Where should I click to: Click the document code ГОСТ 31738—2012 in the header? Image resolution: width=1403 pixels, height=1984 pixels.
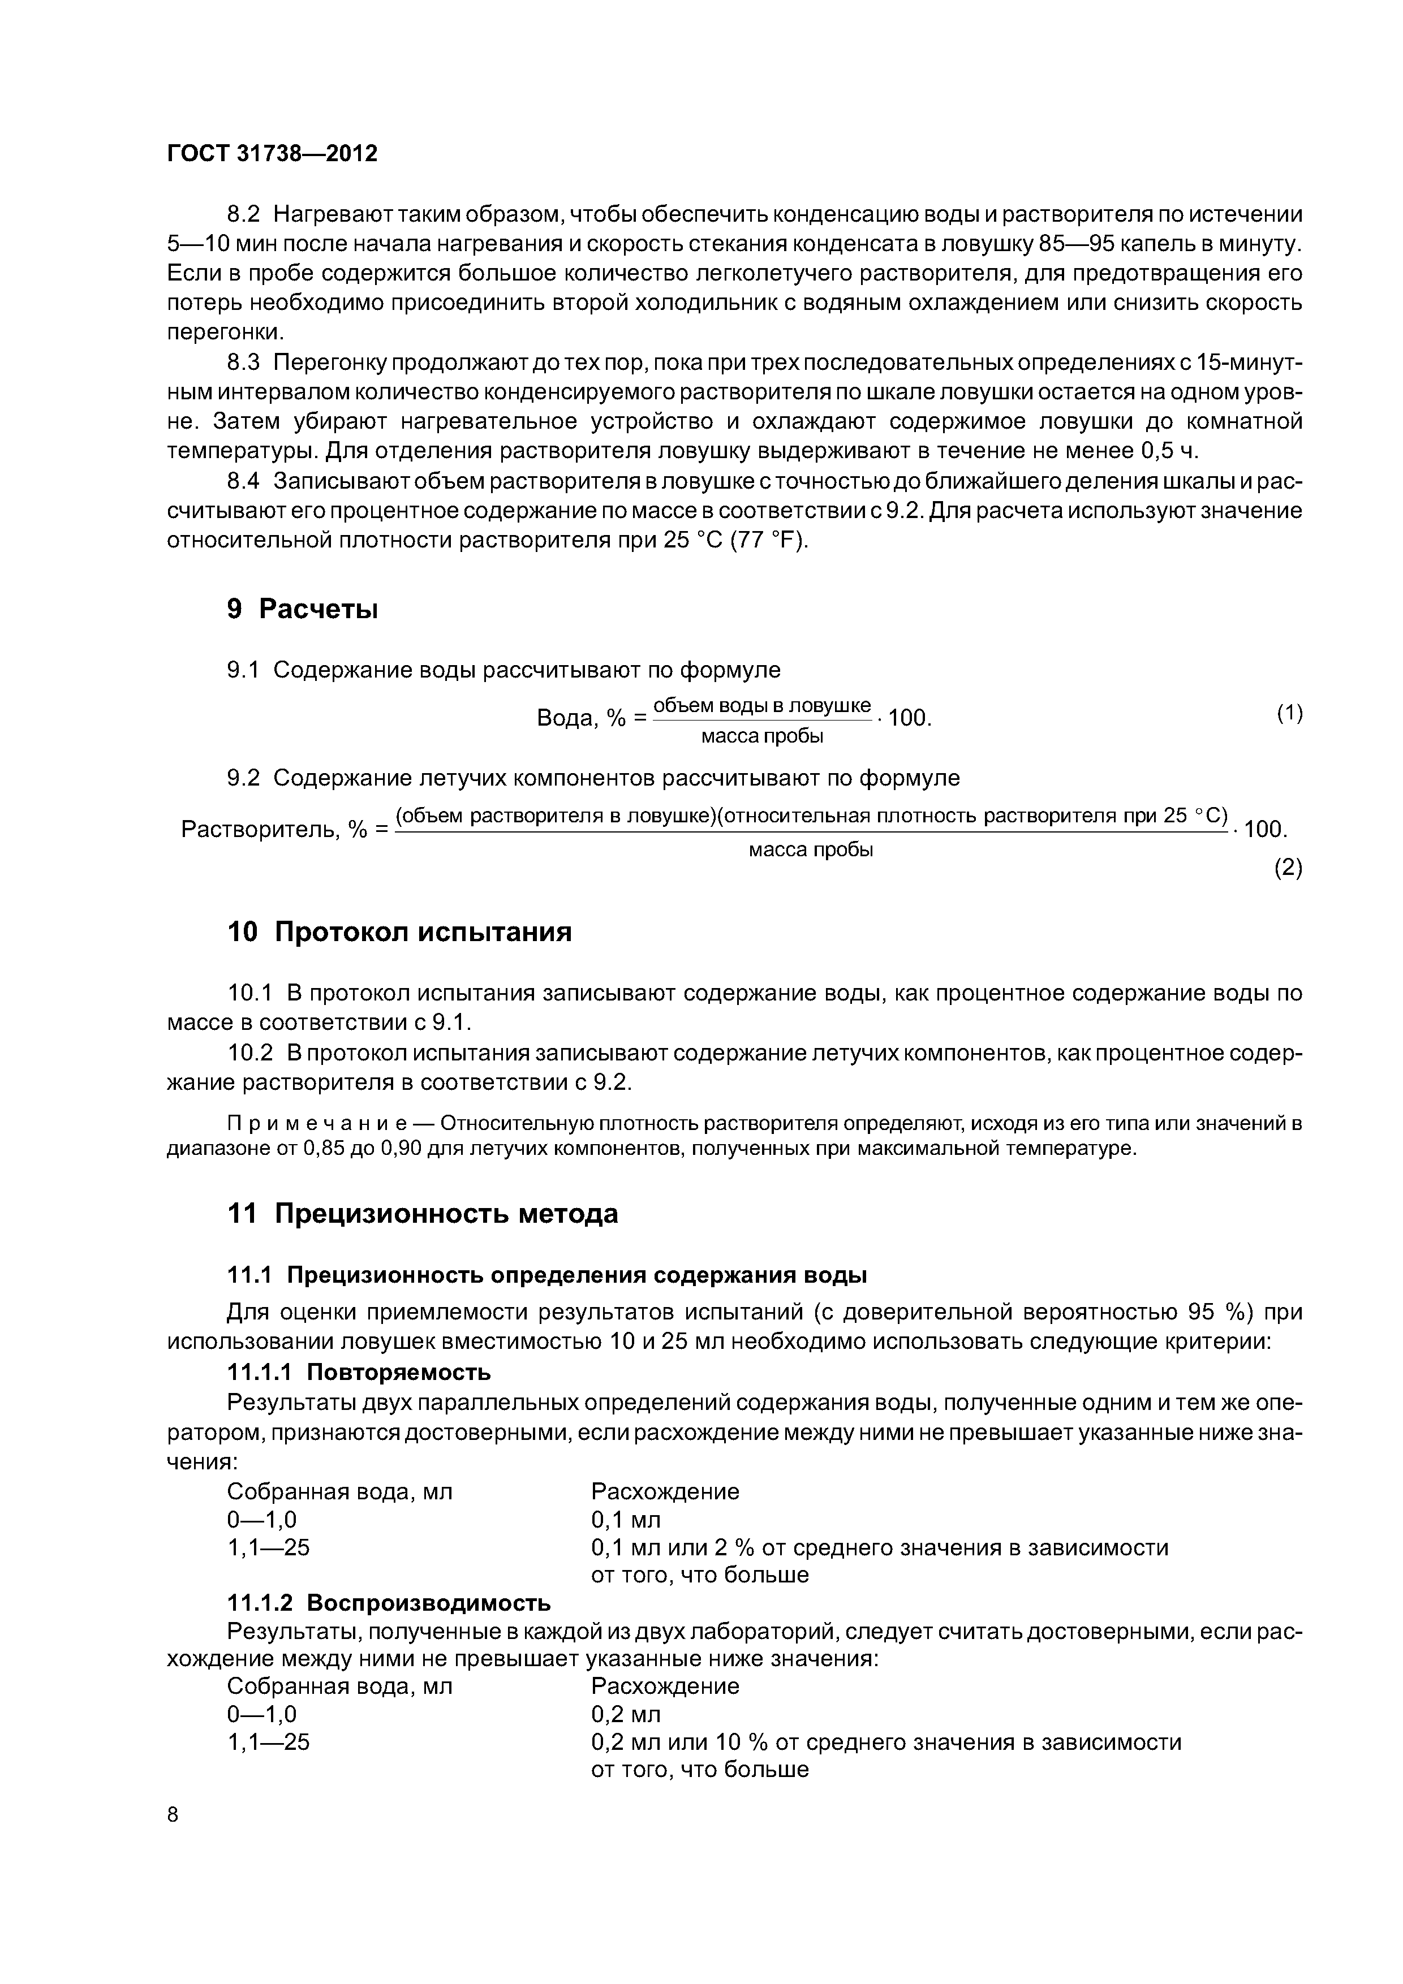pyautogui.click(x=272, y=154)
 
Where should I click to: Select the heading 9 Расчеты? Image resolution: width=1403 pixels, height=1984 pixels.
pyautogui.click(x=303, y=609)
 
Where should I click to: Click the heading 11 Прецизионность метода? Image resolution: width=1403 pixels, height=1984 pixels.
pyautogui.click(x=422, y=1214)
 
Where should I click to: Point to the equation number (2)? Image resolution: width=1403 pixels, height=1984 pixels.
pyautogui.click(x=1288, y=869)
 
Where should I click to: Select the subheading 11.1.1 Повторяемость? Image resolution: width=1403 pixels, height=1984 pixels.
pyautogui.click(x=358, y=1372)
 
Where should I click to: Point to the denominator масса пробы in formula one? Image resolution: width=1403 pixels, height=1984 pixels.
pyautogui.click(x=761, y=737)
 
